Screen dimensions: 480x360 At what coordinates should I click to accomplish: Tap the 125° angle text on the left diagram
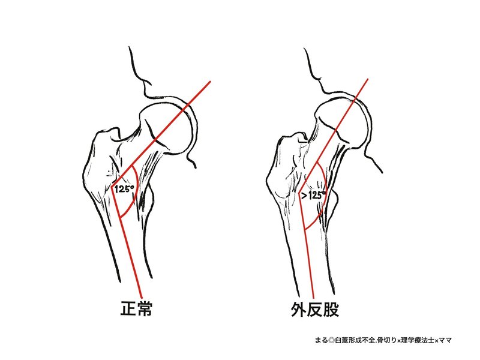(x=124, y=188)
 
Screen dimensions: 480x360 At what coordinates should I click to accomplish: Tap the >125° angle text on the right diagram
(x=314, y=195)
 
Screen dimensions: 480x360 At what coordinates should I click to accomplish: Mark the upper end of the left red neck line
(x=211, y=81)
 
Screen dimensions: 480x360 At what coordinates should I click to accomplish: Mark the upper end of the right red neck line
(x=367, y=79)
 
